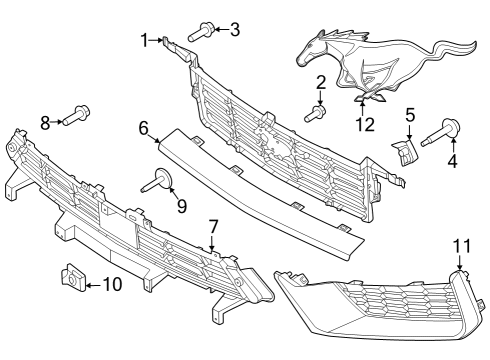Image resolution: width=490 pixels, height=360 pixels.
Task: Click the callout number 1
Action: tap(145, 39)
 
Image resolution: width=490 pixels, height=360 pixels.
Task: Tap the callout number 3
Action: tap(235, 29)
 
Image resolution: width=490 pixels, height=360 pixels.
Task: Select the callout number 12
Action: tap(366, 125)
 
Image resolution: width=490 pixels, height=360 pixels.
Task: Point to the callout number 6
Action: tap(143, 128)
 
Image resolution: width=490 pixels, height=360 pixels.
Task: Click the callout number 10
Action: tap(111, 285)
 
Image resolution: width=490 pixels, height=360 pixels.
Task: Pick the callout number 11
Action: tap(460, 245)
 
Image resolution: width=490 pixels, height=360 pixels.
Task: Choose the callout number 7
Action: tap(212, 227)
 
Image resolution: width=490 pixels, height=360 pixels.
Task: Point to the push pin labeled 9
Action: tap(160, 181)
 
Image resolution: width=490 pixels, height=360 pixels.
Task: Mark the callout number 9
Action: tap(181, 207)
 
